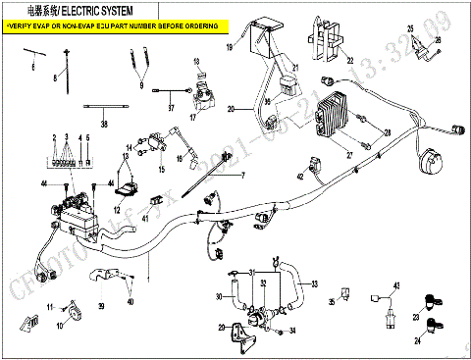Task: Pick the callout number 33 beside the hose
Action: point(314,285)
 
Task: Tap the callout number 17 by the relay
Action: point(193,117)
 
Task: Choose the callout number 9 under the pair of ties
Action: point(140,86)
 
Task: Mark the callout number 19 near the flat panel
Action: point(230,47)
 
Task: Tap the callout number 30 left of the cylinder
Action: point(218,296)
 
